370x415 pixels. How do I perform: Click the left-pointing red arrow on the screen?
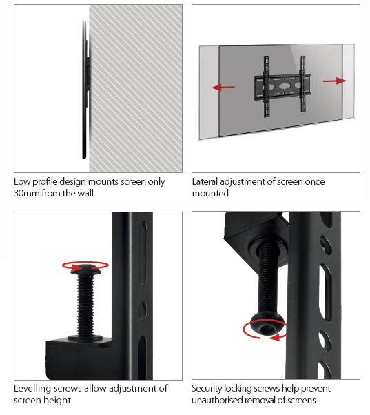pos(223,88)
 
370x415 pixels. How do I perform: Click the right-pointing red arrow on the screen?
pos(334,81)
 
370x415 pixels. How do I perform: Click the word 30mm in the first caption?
pos(26,194)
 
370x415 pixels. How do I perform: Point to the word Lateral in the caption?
pos(206,182)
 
